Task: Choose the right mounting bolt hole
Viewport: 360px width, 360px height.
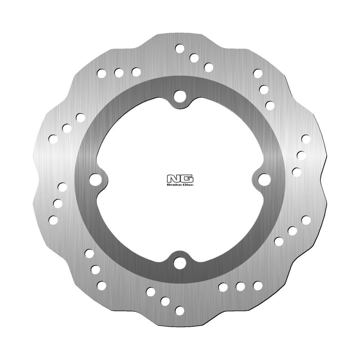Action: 264,180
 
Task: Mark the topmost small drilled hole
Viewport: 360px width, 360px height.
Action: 180,48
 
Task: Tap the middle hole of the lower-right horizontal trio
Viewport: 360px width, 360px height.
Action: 240,286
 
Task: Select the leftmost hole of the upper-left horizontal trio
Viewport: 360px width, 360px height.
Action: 102,72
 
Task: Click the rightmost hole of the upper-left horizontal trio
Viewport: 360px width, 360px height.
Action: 136,72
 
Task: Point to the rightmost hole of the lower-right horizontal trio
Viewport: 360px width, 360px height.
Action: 257,285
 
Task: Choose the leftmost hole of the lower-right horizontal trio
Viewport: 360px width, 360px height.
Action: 223,286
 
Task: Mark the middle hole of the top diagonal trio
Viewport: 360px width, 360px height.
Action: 194,58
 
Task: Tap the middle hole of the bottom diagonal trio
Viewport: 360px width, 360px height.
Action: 165,301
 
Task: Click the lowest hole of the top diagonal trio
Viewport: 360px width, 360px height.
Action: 208,67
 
